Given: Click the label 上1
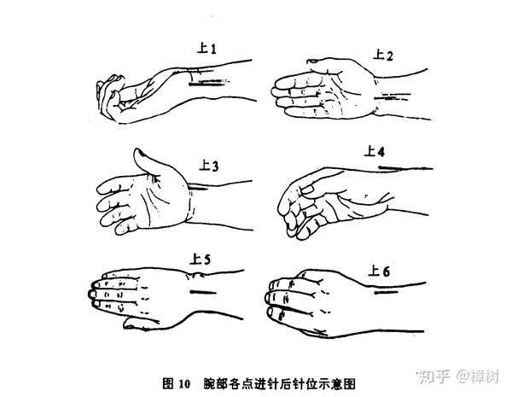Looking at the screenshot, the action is pyautogui.click(x=207, y=49).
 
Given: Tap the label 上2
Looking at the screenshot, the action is pyautogui.click(x=382, y=55).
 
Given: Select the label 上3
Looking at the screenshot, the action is pyautogui.click(x=208, y=166).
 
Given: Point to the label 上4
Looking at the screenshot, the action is pyautogui.click(x=375, y=151).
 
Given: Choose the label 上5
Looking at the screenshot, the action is pyautogui.click(x=201, y=260).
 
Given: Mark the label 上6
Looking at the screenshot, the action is pyautogui.click(x=379, y=271).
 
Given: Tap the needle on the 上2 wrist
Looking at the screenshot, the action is pyautogui.click(x=392, y=96).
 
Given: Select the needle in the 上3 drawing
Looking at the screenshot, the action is pyautogui.click(x=198, y=188).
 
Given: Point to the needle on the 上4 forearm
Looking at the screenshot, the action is pyautogui.click(x=404, y=168).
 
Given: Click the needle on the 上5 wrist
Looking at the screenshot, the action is pyautogui.click(x=203, y=292).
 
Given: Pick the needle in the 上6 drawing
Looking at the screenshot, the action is pyautogui.click(x=387, y=292).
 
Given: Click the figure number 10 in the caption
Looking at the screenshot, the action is pyautogui.click(x=184, y=383).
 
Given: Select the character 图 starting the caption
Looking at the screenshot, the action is pyautogui.click(x=168, y=383).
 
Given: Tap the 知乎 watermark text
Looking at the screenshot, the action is pyautogui.click(x=434, y=377).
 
